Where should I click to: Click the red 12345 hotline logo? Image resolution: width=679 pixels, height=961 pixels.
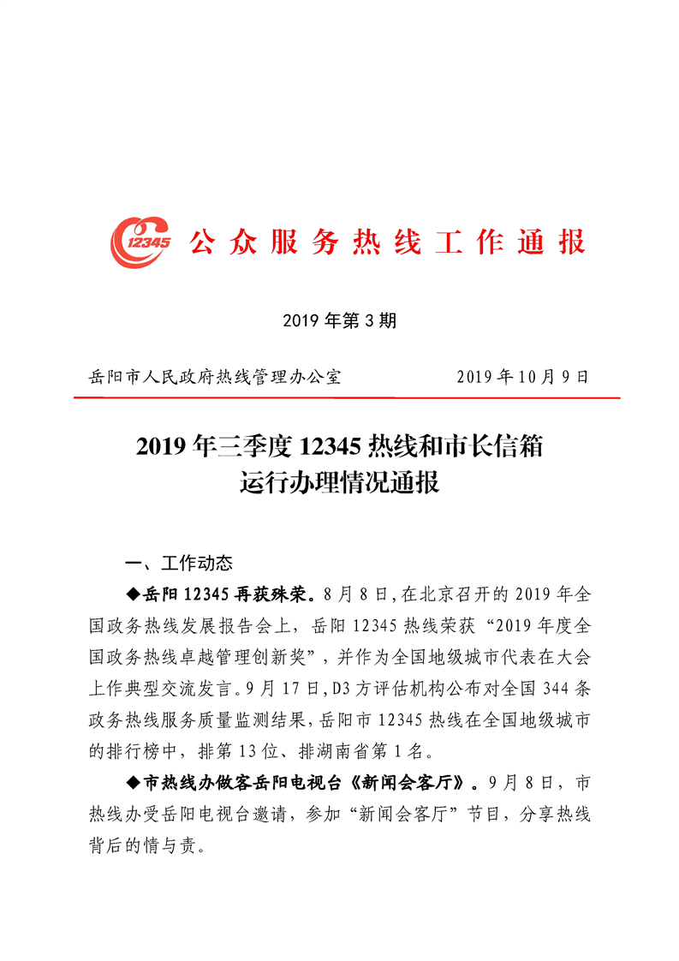click(x=140, y=242)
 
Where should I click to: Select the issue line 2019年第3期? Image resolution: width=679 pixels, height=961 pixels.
click(x=339, y=321)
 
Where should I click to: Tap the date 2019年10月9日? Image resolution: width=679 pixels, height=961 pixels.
click(x=522, y=377)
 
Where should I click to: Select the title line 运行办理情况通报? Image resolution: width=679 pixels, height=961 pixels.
click(x=339, y=483)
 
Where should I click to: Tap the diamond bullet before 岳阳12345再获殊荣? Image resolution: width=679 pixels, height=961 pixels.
click(x=132, y=594)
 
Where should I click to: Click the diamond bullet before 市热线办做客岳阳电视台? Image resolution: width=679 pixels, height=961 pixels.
click(x=132, y=784)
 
